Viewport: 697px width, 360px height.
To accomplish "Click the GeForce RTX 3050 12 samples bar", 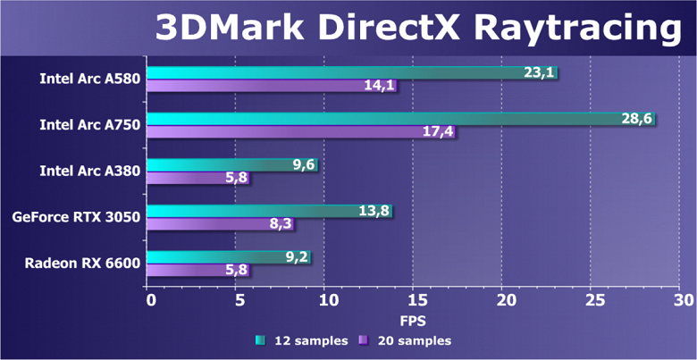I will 268,212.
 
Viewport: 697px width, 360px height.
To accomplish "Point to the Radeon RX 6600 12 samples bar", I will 228,257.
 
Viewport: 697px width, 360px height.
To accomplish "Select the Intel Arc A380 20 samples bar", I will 197,179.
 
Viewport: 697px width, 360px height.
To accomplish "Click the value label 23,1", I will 539,72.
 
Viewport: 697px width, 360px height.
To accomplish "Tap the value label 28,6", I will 638,118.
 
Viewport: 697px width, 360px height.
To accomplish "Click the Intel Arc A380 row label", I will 89,171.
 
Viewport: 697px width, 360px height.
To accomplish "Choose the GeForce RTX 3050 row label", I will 76,217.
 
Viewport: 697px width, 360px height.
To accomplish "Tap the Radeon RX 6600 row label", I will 82,263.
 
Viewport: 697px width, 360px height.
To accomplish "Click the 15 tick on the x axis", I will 414,299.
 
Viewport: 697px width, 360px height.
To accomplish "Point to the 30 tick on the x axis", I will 682,299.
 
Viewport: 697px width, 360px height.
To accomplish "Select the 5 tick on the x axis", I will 238,299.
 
